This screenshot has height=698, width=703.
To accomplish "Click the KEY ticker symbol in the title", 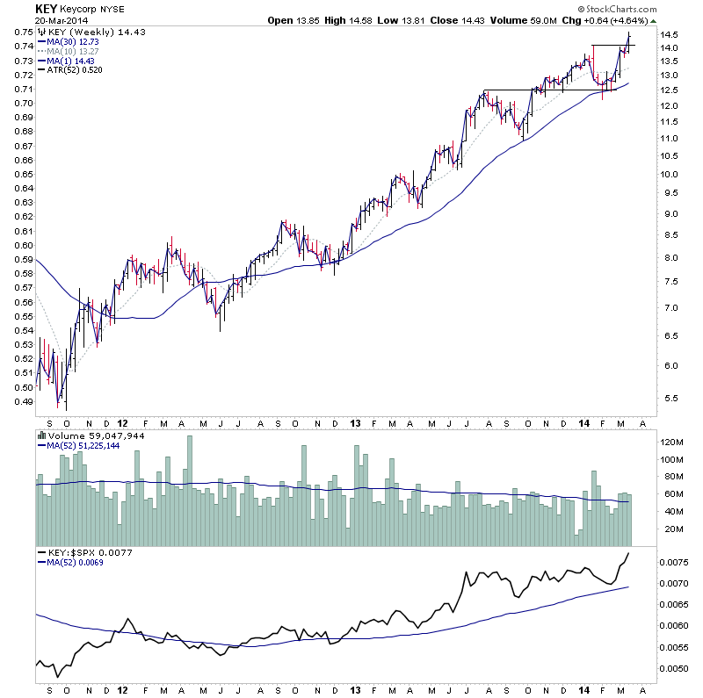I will point(47,9).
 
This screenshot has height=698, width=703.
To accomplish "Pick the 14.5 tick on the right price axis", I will point(670,35).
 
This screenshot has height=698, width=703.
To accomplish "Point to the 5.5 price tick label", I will point(670,399).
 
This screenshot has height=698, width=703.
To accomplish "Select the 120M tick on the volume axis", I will point(672,442).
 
